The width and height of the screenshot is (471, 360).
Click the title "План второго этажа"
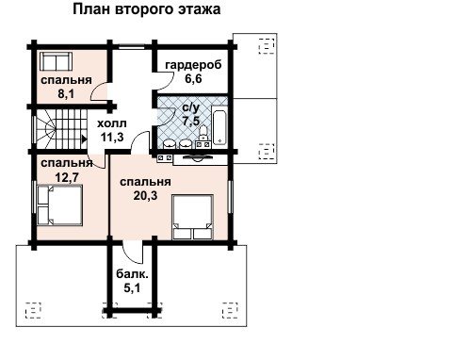147,9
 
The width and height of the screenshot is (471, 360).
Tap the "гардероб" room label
193,65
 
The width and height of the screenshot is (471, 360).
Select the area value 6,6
193,78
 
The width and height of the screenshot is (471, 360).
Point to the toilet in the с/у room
203,131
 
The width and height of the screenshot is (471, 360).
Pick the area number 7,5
191,121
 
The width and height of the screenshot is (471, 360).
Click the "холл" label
112,123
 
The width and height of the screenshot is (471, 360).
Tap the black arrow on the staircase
84,139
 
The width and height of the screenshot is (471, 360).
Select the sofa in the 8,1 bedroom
56,61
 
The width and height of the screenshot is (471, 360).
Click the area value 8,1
66,93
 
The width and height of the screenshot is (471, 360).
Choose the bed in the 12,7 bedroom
59,205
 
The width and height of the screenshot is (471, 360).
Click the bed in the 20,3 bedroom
192,217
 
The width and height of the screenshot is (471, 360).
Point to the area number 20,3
145,196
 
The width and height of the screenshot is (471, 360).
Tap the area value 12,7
67,177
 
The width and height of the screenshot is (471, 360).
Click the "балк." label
132,274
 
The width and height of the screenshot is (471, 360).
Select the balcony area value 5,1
132,287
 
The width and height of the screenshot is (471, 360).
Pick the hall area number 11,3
112,137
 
